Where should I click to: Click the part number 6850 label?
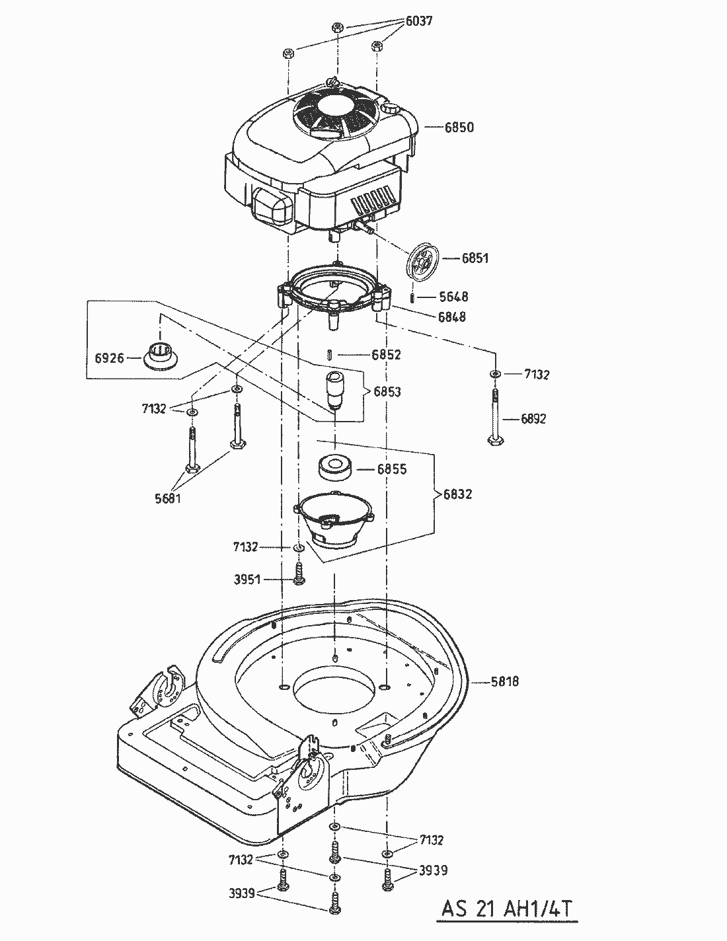pyautogui.click(x=459, y=128)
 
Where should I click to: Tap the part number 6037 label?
pyautogui.click(x=418, y=21)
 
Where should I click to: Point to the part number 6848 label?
pyautogui.click(x=452, y=317)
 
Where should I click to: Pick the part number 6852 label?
pyautogui.click(x=386, y=355)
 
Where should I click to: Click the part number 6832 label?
pyautogui.click(x=458, y=494)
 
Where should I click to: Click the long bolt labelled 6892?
pyautogui.click(x=496, y=419)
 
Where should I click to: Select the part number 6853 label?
pyautogui.click(x=387, y=392)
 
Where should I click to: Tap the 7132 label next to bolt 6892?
pyautogui.click(x=537, y=375)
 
